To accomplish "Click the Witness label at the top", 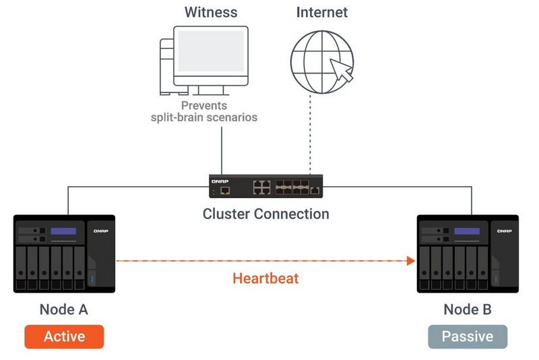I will (210, 11).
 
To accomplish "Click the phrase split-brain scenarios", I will (203, 118).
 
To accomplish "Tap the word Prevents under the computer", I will (203, 106).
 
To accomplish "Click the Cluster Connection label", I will (266, 214).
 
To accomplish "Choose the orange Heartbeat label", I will (265, 278).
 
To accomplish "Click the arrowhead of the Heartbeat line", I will (411, 261).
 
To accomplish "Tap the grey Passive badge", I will (468, 336).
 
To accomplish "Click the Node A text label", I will (64, 310).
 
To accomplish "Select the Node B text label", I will (468, 310).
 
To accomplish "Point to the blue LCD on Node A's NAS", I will (63, 232).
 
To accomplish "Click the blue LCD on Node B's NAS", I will (467, 232).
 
